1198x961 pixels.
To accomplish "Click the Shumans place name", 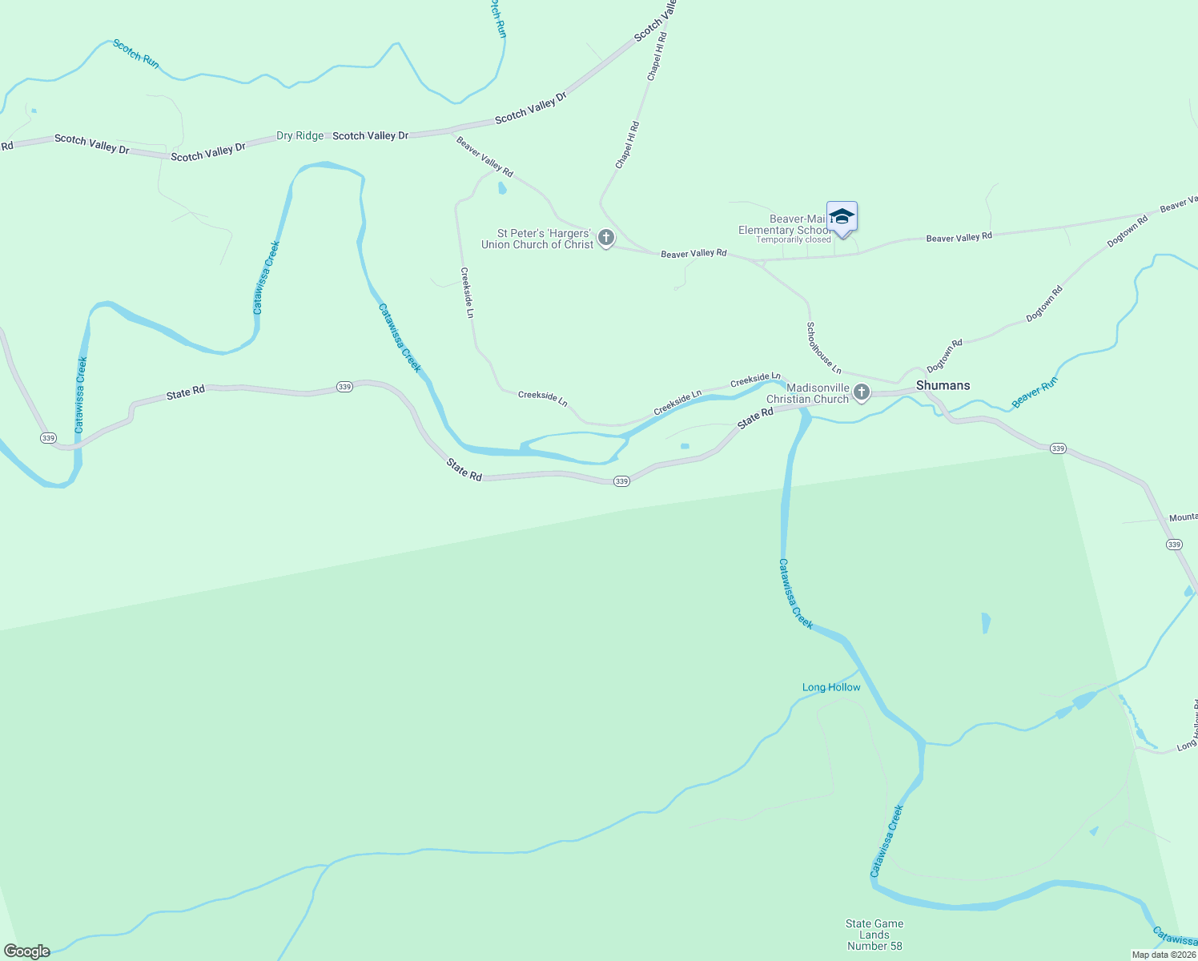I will [x=943, y=385].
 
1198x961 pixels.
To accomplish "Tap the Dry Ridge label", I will [x=300, y=136].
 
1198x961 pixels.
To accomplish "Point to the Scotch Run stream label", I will [x=136, y=54].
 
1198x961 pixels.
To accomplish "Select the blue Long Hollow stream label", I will [x=831, y=687].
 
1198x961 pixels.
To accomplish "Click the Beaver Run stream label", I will [x=1035, y=392].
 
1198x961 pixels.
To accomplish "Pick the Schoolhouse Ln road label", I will [x=823, y=348].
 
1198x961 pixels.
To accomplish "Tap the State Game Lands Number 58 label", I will [x=874, y=935].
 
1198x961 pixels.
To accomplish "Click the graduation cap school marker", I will [x=842, y=216].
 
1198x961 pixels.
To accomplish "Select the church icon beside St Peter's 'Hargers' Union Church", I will [x=606, y=238].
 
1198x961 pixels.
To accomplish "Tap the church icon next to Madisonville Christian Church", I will [x=862, y=392].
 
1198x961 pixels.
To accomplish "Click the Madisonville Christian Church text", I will [x=807, y=393].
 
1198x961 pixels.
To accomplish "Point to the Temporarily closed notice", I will [x=794, y=240].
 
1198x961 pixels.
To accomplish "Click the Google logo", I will [x=27, y=951].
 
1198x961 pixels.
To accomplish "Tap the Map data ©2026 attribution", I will [x=1163, y=955].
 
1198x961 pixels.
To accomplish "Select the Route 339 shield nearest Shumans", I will [x=1058, y=448].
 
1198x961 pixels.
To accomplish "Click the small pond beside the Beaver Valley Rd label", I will [x=502, y=188].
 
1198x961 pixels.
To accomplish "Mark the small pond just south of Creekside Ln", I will [x=685, y=446].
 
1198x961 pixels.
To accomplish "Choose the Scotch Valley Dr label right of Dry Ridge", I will [x=370, y=136].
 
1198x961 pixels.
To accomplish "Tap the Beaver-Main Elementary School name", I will [x=785, y=224].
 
